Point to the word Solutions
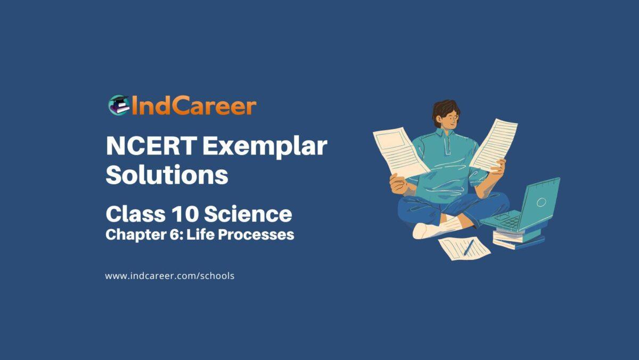(x=167, y=175)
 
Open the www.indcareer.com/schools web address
(x=170, y=276)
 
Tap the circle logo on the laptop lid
(x=541, y=202)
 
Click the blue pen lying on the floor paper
(x=469, y=247)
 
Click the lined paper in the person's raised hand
(x=494, y=144)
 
